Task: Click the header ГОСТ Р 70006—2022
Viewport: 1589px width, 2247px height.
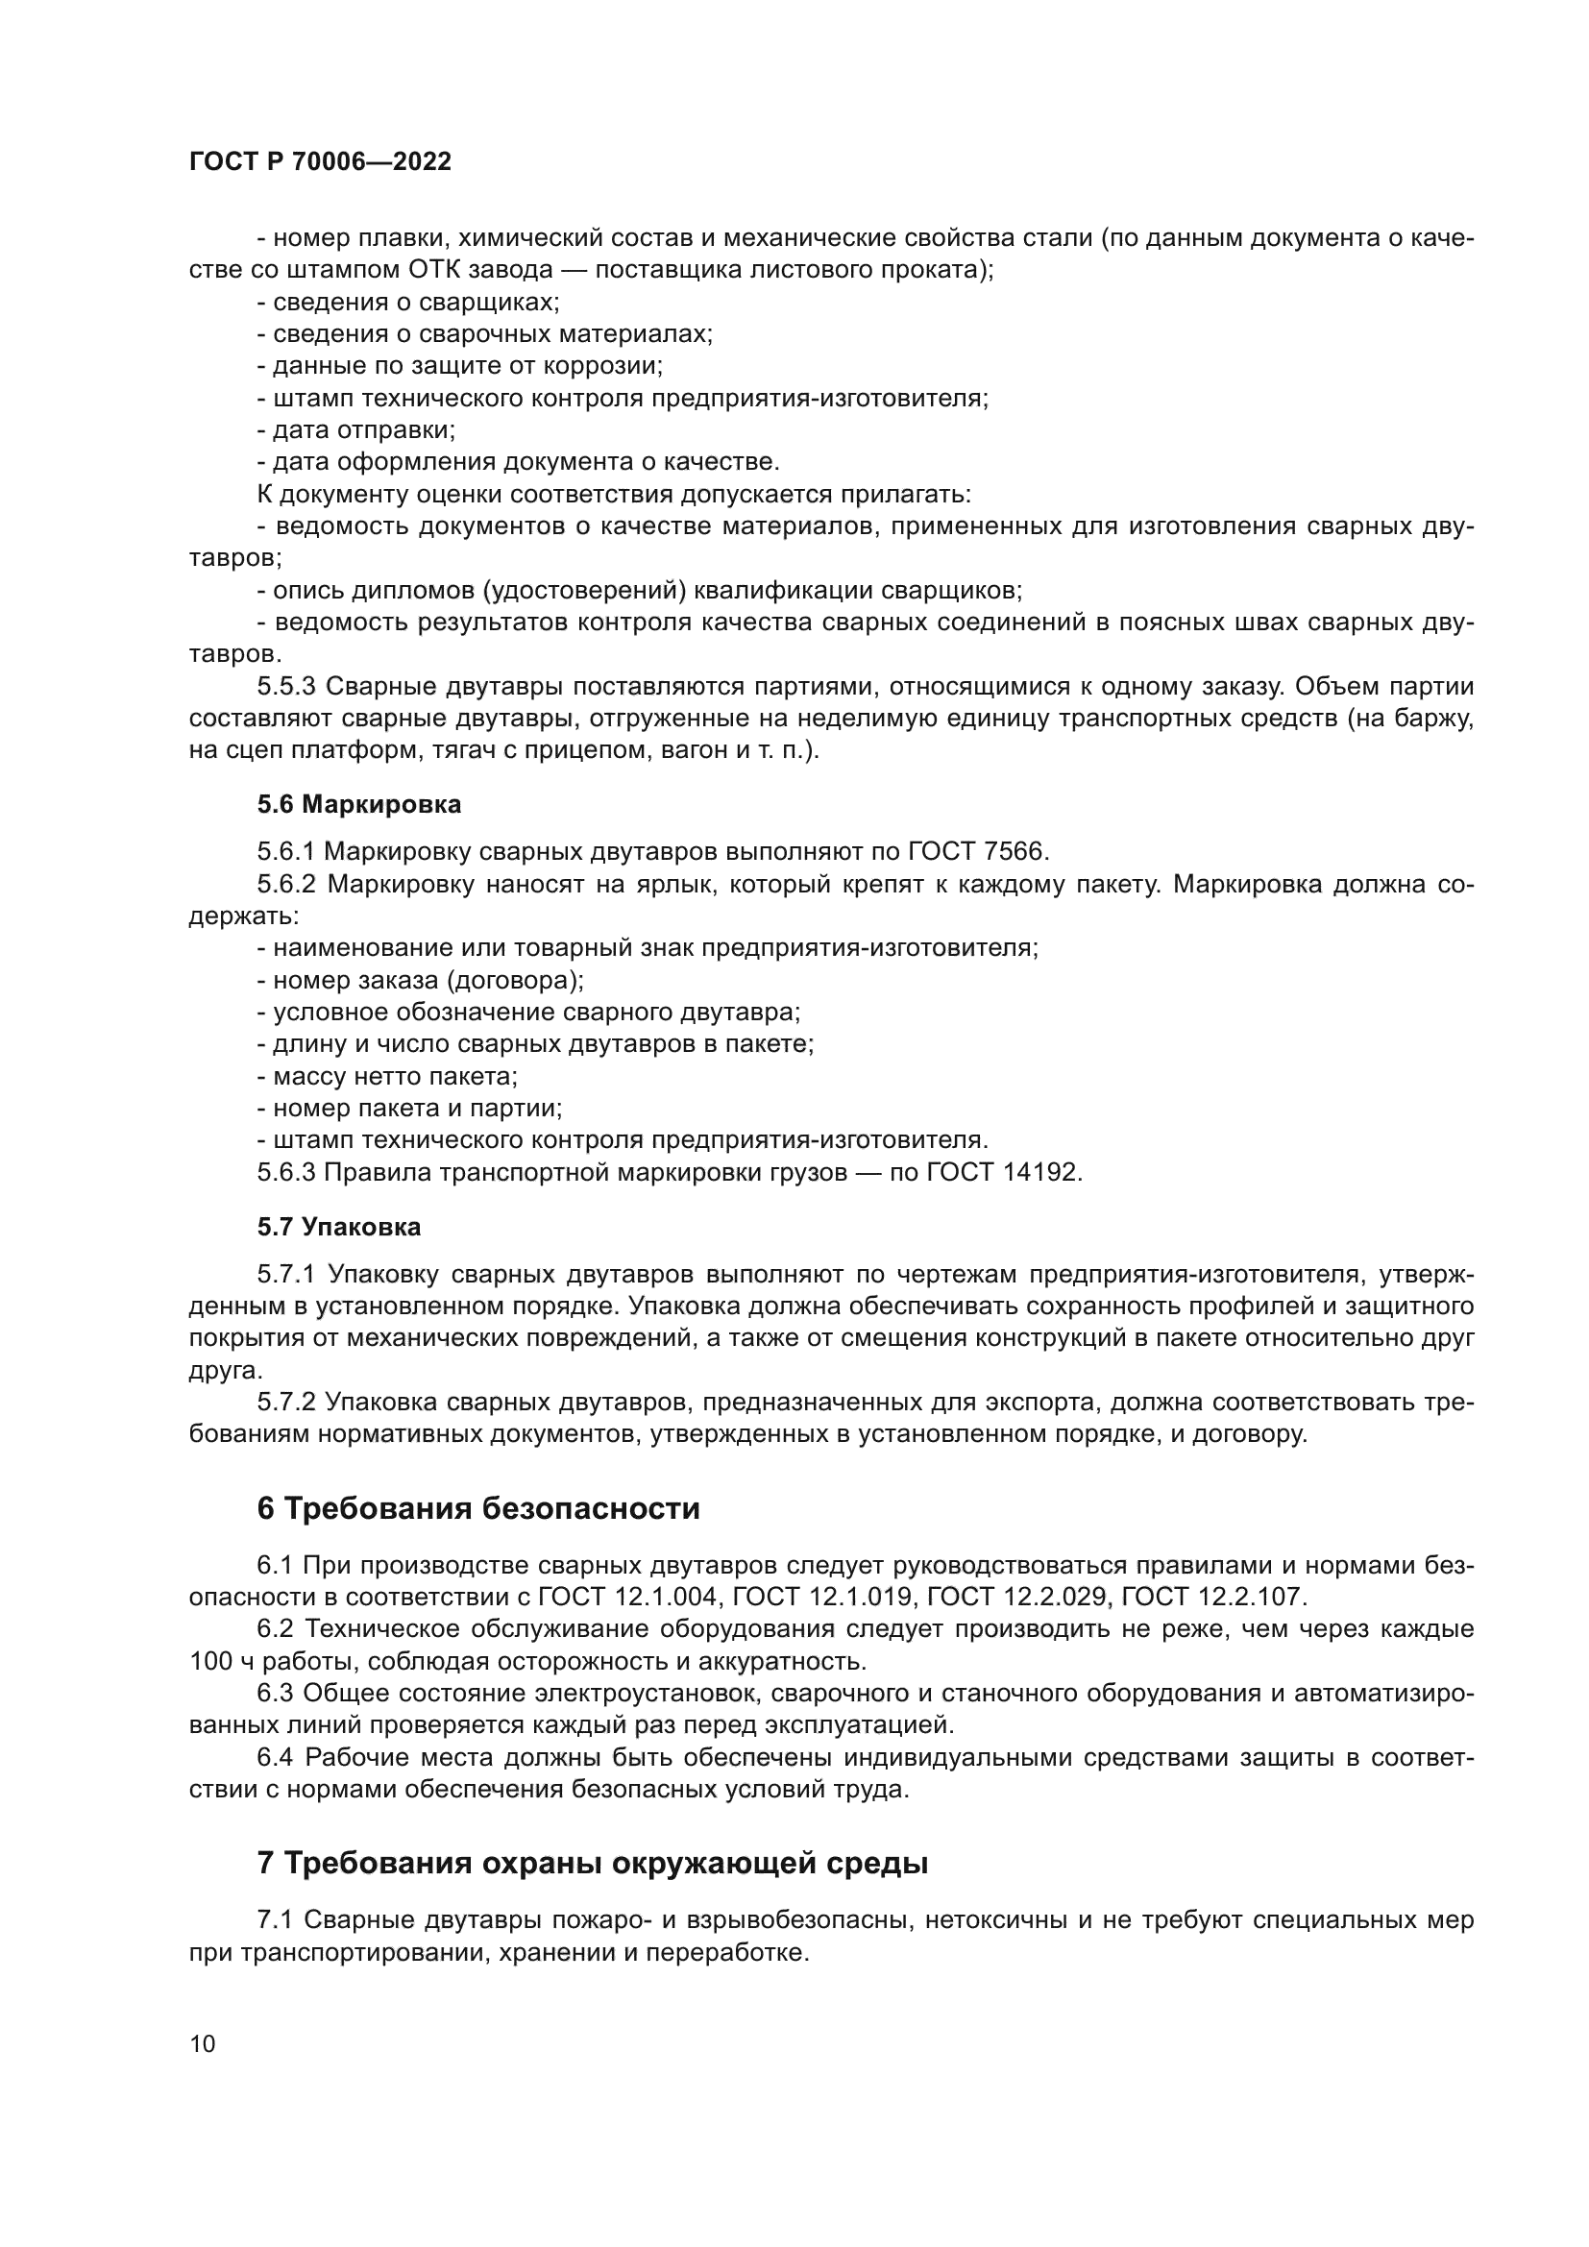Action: click(x=320, y=162)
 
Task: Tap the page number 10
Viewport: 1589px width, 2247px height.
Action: click(x=203, y=2043)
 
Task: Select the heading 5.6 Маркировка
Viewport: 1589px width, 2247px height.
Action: click(x=359, y=804)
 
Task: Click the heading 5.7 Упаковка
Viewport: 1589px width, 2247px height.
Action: click(x=339, y=1226)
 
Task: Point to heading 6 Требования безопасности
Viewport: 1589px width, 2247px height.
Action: click(x=478, y=1508)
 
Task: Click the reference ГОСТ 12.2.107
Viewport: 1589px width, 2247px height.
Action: click(x=1212, y=1597)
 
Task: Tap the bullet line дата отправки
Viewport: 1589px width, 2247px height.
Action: click(x=357, y=429)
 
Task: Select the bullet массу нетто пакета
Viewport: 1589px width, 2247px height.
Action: click(x=387, y=1076)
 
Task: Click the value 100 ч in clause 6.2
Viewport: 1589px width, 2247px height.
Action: click(x=220, y=1661)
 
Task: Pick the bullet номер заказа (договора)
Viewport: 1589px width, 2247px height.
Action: click(x=421, y=980)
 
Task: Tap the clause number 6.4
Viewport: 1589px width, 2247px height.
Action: click(x=275, y=1757)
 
